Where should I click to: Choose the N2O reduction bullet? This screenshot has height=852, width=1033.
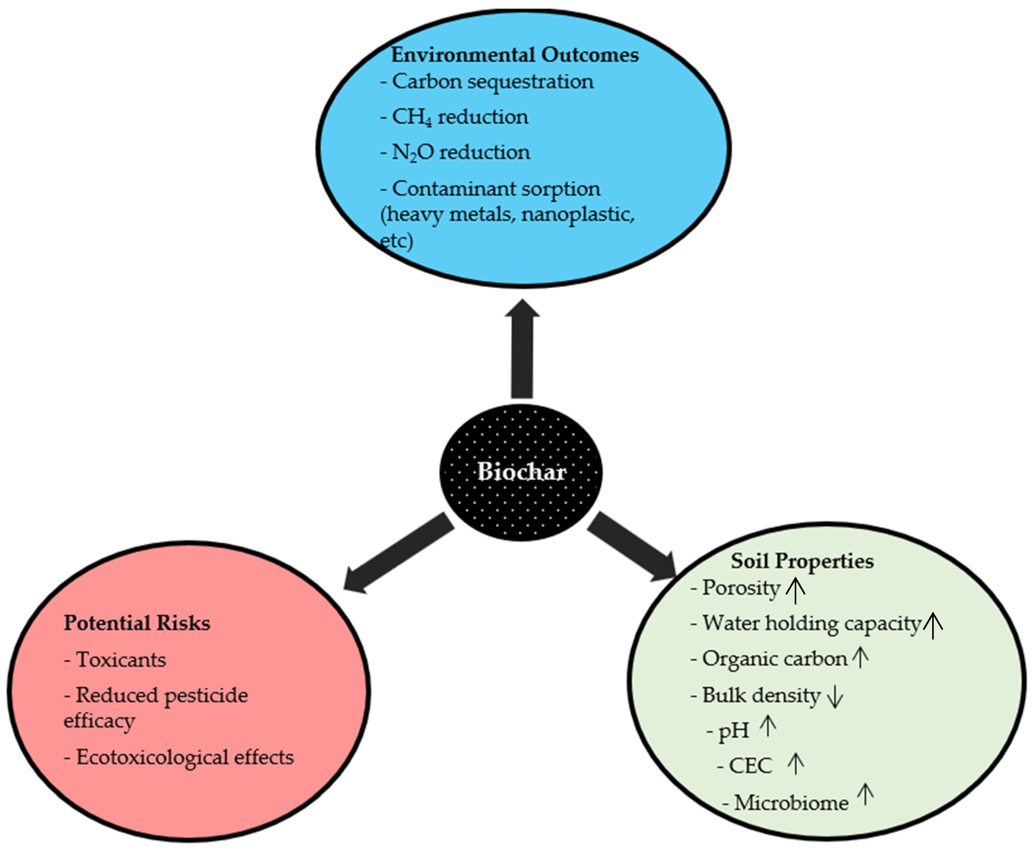coord(455,153)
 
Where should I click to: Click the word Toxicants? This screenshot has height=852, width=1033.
coord(121,660)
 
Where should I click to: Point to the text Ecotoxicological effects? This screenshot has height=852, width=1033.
coord(185,757)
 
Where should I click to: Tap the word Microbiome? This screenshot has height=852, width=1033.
coord(791,803)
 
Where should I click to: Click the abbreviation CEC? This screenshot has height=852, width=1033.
coord(751,766)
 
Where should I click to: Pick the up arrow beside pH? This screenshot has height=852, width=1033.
coord(768,726)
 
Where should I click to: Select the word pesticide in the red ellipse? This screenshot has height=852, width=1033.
coord(206,696)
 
